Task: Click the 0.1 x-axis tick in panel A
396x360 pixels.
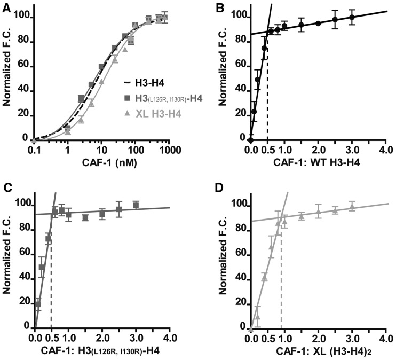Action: click(x=34, y=152)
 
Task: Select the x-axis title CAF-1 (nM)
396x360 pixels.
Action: click(x=100, y=163)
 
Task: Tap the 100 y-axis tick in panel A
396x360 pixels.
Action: click(x=22, y=18)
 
